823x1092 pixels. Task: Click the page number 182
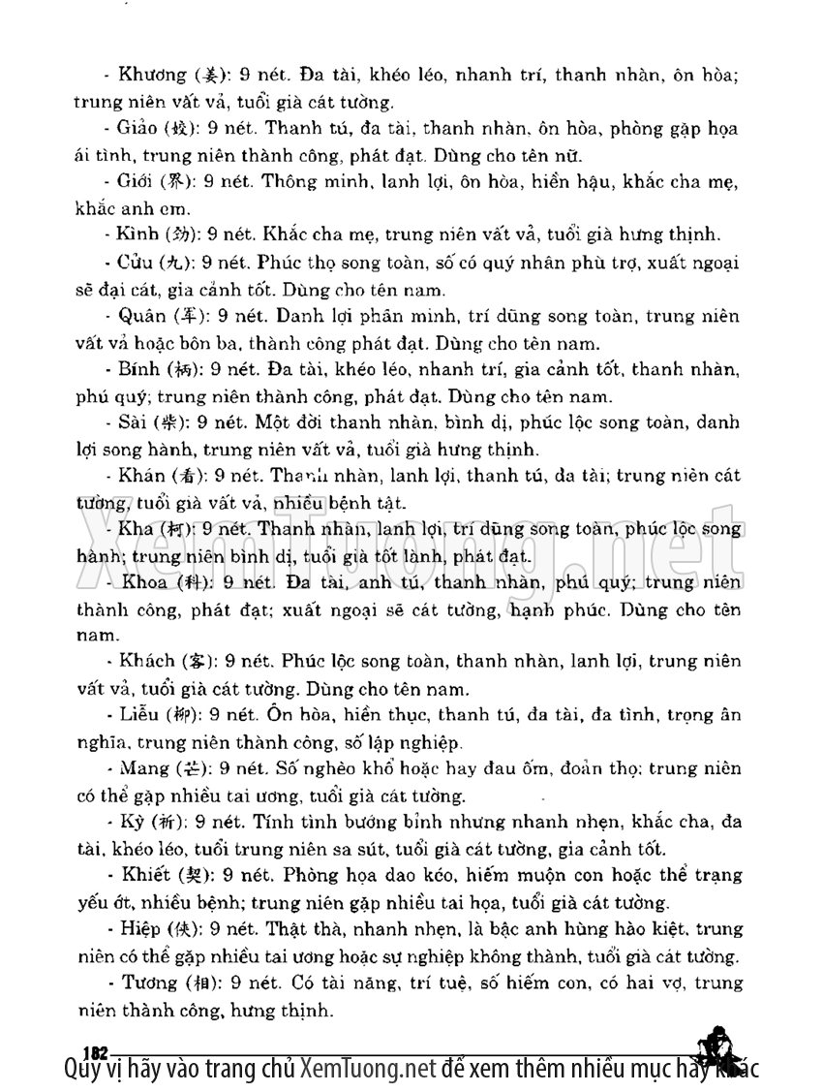click(x=95, y=1051)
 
